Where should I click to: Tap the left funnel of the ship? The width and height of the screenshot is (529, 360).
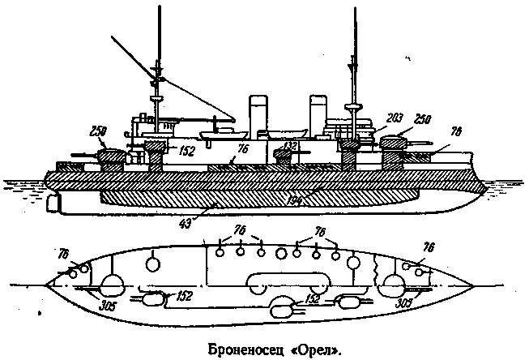(x=258, y=114)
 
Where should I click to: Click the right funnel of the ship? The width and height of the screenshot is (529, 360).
(x=315, y=114)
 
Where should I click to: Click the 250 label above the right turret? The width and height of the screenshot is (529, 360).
(x=421, y=119)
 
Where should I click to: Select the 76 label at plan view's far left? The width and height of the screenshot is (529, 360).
(x=64, y=255)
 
